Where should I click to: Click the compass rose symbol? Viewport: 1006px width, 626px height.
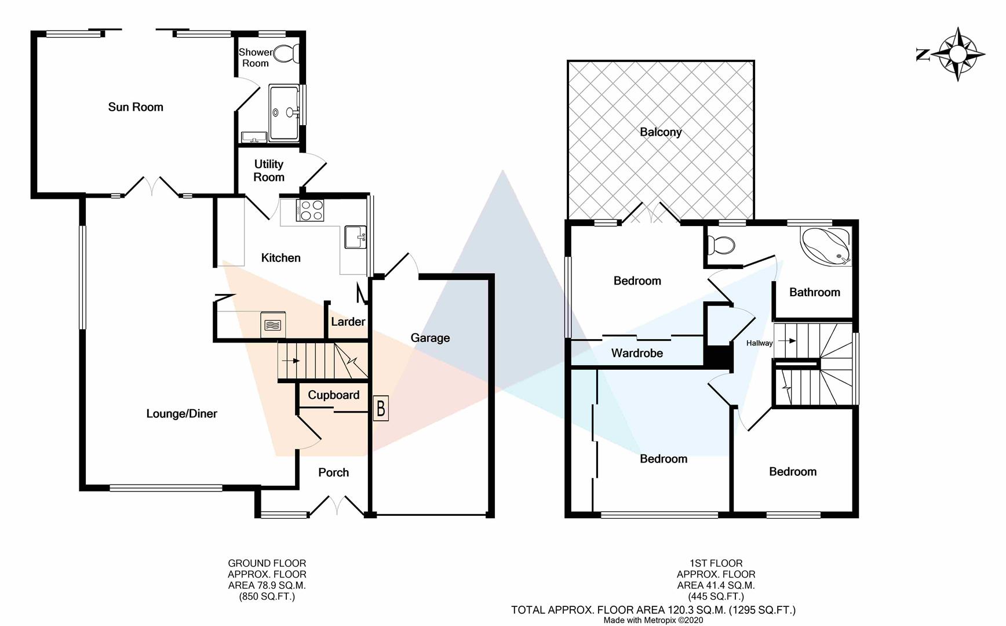coord(957,54)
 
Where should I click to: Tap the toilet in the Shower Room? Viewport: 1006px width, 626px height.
coord(286,54)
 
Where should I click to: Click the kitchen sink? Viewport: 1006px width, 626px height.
coord(355,237)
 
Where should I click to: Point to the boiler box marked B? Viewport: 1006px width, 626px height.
coord(381,409)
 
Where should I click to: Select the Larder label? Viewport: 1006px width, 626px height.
coord(348,322)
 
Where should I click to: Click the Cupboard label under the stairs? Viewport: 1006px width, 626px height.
coord(333,395)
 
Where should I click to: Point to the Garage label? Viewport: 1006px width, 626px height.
coord(430,338)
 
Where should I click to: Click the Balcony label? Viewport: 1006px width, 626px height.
coord(661,132)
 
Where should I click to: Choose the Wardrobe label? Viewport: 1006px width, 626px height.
coord(637,353)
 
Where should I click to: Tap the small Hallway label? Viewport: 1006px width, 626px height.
coord(759,343)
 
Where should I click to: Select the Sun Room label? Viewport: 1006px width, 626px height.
coord(136,107)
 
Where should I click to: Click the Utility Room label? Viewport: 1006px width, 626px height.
coord(269,171)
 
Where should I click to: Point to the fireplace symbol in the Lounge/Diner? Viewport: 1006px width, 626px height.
coord(272,325)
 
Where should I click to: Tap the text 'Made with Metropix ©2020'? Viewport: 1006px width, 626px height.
coord(653,620)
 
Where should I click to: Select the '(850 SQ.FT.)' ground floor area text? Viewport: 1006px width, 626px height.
coord(267,596)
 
